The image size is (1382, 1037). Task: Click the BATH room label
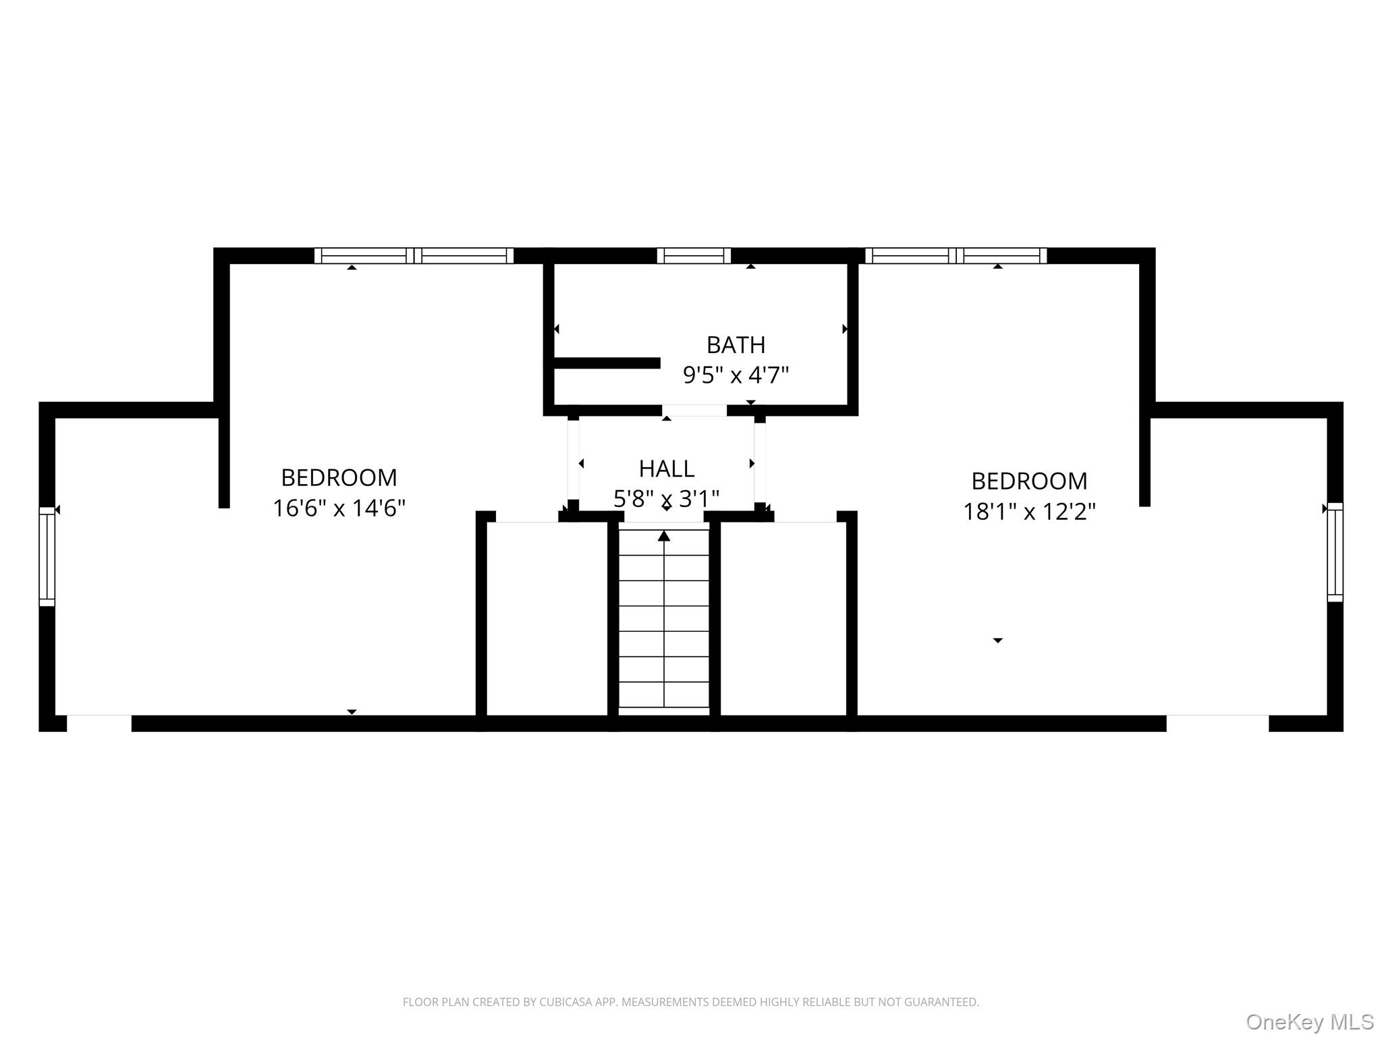736,345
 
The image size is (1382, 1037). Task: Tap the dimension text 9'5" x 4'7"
736,375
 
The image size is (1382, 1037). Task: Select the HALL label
666,469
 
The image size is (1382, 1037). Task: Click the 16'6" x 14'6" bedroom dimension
339,508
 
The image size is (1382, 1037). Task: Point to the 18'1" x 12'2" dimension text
1028,512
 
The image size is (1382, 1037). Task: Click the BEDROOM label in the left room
339,478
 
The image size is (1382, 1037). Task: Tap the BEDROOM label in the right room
1028,481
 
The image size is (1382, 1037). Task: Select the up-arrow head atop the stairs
664,536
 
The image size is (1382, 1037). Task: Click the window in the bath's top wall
694,256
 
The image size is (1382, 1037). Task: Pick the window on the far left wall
47,556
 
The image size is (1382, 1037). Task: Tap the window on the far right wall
1335,552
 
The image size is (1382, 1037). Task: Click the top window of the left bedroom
414,256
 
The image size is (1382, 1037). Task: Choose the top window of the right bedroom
956,256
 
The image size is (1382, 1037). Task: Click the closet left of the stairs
547,618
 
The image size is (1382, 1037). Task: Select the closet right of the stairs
783,618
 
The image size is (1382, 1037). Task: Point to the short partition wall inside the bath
606,363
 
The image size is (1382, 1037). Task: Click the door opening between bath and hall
694,410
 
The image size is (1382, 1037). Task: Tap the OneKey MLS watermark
1310,1021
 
